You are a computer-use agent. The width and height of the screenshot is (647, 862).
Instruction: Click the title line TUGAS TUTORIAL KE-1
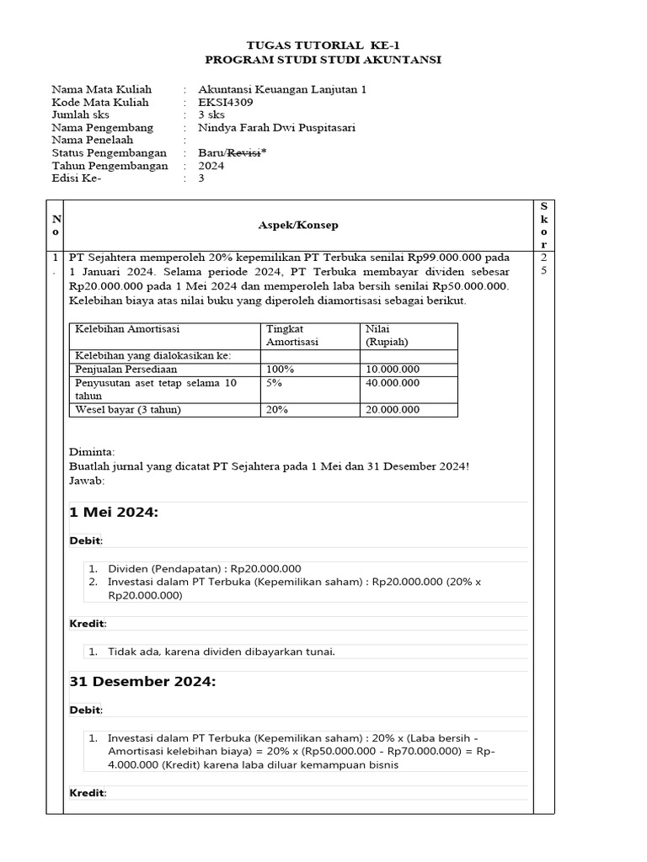[x=323, y=45]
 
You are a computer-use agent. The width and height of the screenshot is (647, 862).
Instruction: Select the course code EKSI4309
[x=225, y=103]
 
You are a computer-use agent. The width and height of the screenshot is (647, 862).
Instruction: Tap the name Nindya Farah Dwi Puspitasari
[x=276, y=128]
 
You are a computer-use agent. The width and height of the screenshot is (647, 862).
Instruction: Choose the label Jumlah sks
[x=81, y=115]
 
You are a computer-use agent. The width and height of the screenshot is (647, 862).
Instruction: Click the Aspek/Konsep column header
[x=298, y=226]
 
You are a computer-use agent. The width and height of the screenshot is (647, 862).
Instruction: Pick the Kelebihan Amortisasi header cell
[x=127, y=329]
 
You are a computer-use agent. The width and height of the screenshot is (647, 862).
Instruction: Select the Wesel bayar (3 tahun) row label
[x=128, y=410]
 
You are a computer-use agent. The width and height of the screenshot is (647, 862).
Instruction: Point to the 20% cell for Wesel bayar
[x=276, y=410]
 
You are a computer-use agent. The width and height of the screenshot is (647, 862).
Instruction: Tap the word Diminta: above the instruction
[x=92, y=452]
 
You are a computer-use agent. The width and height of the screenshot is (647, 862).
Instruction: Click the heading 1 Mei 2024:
[x=113, y=513]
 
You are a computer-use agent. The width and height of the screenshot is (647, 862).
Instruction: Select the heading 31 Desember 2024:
[x=142, y=682]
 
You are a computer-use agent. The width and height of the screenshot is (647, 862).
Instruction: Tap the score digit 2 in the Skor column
[x=543, y=257]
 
